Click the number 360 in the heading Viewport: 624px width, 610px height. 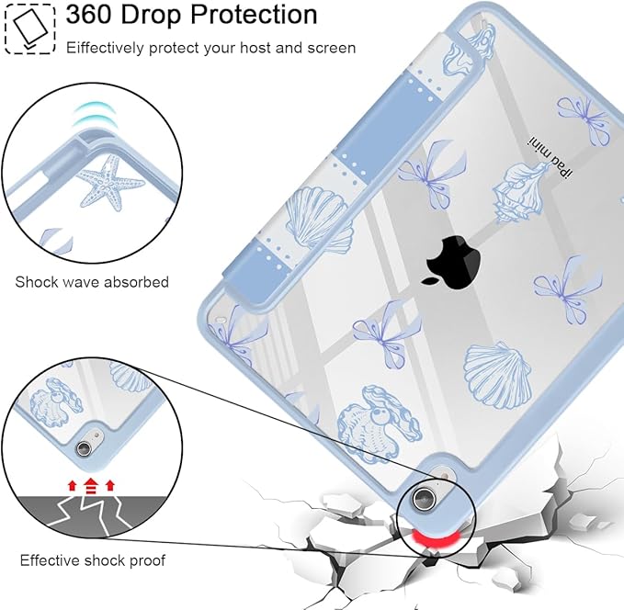[88, 15]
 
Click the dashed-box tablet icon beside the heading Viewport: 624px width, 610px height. [29, 28]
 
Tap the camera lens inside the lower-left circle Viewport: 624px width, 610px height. [84, 448]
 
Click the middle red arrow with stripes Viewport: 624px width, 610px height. [91, 486]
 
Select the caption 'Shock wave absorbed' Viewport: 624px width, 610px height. [92, 282]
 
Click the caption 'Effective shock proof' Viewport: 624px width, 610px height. [92, 560]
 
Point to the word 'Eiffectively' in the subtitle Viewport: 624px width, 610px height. [105, 48]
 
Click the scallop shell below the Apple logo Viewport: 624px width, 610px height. [498, 376]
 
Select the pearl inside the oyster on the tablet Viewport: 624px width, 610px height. [376, 415]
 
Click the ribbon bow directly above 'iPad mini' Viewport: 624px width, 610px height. [584, 119]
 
